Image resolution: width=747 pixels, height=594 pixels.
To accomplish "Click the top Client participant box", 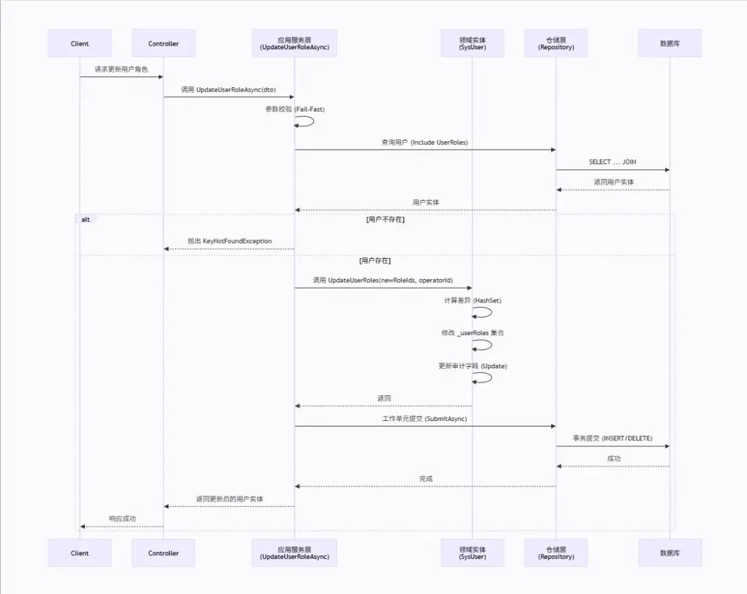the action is click(x=80, y=44).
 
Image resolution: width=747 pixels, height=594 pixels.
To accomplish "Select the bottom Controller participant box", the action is click(x=163, y=553).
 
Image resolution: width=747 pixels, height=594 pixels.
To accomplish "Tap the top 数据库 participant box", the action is click(x=670, y=44).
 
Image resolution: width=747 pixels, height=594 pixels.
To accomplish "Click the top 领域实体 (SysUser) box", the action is click(x=472, y=44).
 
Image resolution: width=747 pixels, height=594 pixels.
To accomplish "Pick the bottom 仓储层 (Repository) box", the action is click(x=556, y=553).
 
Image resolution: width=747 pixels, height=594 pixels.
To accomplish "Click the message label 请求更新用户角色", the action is click(x=121, y=69).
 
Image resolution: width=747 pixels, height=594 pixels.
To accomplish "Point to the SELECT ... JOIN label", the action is click(x=612, y=162).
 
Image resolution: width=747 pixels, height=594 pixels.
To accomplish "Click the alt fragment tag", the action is click(x=86, y=219).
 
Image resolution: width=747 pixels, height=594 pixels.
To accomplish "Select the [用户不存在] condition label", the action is click(x=385, y=219).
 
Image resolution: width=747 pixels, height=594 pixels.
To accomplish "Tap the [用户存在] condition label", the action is click(x=375, y=261).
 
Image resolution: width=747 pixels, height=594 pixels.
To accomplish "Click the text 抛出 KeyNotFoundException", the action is click(x=230, y=241).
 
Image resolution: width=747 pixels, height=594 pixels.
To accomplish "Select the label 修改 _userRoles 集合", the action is click(x=472, y=333).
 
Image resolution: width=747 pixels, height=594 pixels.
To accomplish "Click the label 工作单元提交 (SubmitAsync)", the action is click(x=425, y=419).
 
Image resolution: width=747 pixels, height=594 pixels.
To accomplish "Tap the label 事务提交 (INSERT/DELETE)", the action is click(x=613, y=438).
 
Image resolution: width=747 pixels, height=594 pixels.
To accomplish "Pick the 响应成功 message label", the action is click(x=122, y=519).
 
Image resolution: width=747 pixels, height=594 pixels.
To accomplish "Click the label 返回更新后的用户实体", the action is click(x=230, y=498).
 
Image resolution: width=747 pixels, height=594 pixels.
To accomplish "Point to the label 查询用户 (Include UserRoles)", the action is click(x=425, y=142).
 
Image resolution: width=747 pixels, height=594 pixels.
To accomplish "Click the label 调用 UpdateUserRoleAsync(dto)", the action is click(x=228, y=89).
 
